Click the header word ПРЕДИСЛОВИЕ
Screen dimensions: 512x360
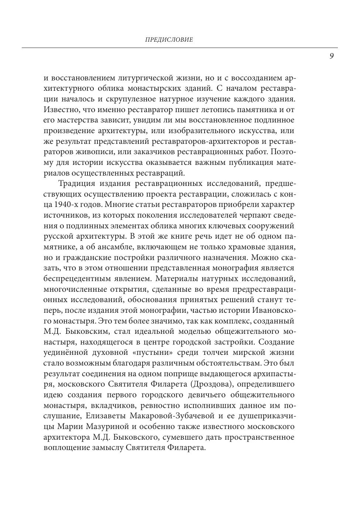click(x=169, y=40)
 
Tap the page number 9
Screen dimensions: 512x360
click(x=331, y=56)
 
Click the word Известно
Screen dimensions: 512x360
click(x=59, y=110)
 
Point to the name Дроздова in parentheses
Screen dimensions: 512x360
click(x=212, y=384)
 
